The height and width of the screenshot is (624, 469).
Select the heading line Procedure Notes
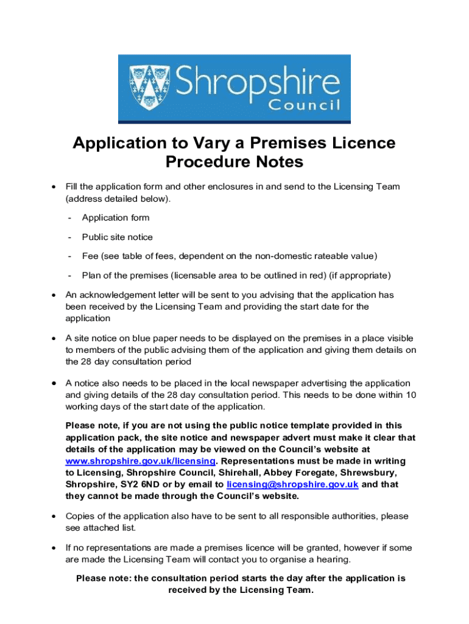[234, 163]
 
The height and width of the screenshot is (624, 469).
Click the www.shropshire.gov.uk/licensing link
[140, 461]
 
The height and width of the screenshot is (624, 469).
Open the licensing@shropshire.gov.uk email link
[292, 484]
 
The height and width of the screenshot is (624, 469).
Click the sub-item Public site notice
[117, 237]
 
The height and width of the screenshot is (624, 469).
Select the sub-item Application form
[115, 218]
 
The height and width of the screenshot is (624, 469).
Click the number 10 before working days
[411, 395]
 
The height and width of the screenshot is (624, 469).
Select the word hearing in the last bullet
[334, 559]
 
